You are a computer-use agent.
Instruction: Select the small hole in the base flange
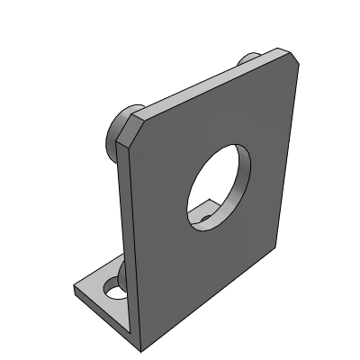point(115,290)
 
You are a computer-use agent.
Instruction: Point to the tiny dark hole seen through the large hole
point(204,217)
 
